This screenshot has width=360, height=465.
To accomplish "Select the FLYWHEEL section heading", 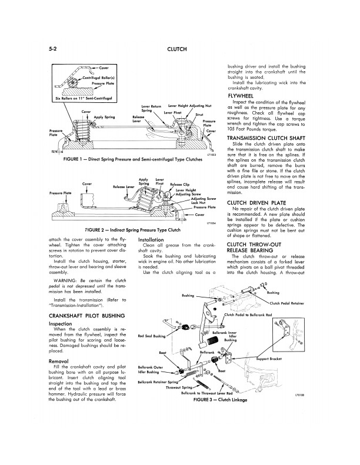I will click(x=241, y=96).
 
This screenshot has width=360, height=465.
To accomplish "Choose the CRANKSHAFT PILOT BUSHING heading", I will click(x=88, y=316).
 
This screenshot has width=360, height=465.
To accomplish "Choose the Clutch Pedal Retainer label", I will click(x=289, y=303).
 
